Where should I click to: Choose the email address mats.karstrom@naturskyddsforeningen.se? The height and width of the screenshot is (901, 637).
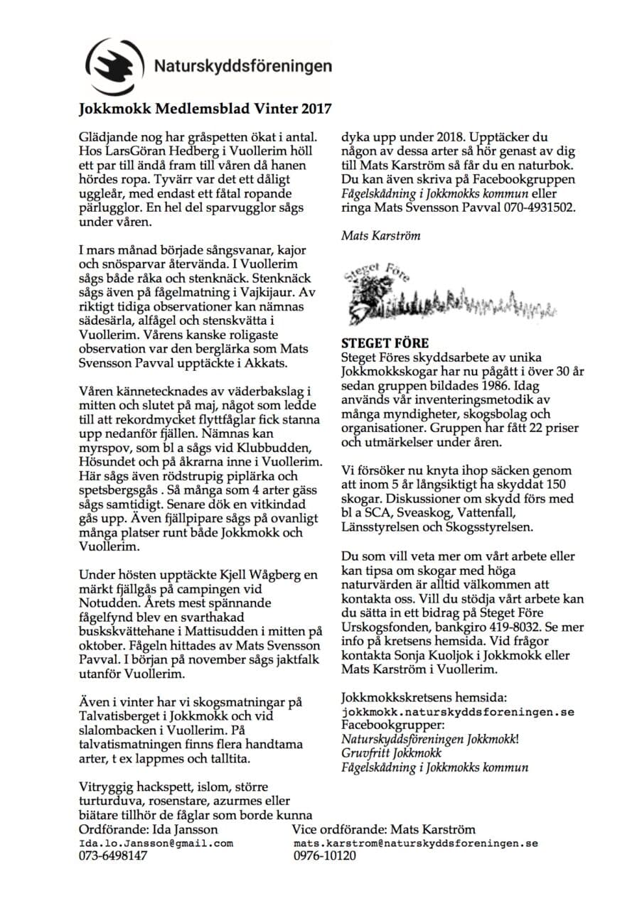click(x=415, y=843)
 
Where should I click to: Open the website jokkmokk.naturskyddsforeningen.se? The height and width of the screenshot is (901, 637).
click(x=458, y=711)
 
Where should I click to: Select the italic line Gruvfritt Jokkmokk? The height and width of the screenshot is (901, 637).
click(x=391, y=752)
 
